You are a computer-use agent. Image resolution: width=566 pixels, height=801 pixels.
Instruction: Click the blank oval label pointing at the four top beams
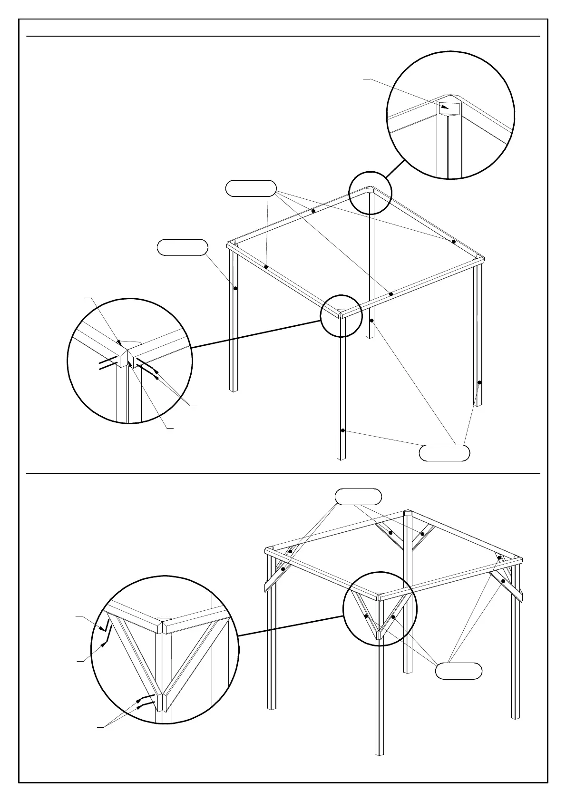pos(251,188)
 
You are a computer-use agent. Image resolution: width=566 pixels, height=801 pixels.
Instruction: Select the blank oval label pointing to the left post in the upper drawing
pos(183,247)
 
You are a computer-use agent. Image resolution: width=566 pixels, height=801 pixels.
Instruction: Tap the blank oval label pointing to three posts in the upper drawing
pos(444,453)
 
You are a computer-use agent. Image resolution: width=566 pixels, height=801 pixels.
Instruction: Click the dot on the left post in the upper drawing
pos(235,288)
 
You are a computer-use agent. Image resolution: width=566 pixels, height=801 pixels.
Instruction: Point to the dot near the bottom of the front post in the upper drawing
pos(342,430)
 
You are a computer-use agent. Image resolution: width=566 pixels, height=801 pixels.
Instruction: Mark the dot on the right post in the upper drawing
pos(479,382)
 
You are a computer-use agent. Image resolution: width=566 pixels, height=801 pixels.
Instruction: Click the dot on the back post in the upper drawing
pos(371,321)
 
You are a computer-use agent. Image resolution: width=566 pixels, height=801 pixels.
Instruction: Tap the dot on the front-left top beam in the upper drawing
pos(266,267)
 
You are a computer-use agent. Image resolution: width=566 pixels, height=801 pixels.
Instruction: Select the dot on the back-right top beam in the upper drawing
pos(453,242)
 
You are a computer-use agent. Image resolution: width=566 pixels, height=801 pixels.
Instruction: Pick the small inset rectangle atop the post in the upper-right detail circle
pos(449,108)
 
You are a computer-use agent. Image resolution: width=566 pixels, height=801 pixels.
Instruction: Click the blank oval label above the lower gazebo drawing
pos(358,496)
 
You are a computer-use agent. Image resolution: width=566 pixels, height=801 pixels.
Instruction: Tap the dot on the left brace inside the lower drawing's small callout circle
pos(366,616)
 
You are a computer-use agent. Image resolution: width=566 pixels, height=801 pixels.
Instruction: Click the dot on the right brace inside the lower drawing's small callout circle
pos(394,617)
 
